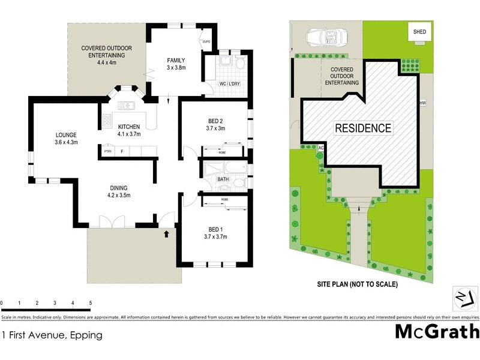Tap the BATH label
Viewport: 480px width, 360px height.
pos(223,179)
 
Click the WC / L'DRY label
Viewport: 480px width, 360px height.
pos(230,83)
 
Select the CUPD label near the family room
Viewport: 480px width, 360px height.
pos(206,41)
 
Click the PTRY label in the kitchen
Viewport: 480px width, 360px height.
pos(108,151)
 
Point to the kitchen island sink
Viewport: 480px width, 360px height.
pos(127,106)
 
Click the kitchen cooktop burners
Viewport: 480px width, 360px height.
pos(107,119)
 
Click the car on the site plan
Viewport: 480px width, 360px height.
pos(325,37)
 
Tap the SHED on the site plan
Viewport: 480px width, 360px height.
pos(419,31)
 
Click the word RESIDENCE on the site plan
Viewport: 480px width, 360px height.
pos(362,128)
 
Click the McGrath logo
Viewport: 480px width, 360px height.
pos(437,331)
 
